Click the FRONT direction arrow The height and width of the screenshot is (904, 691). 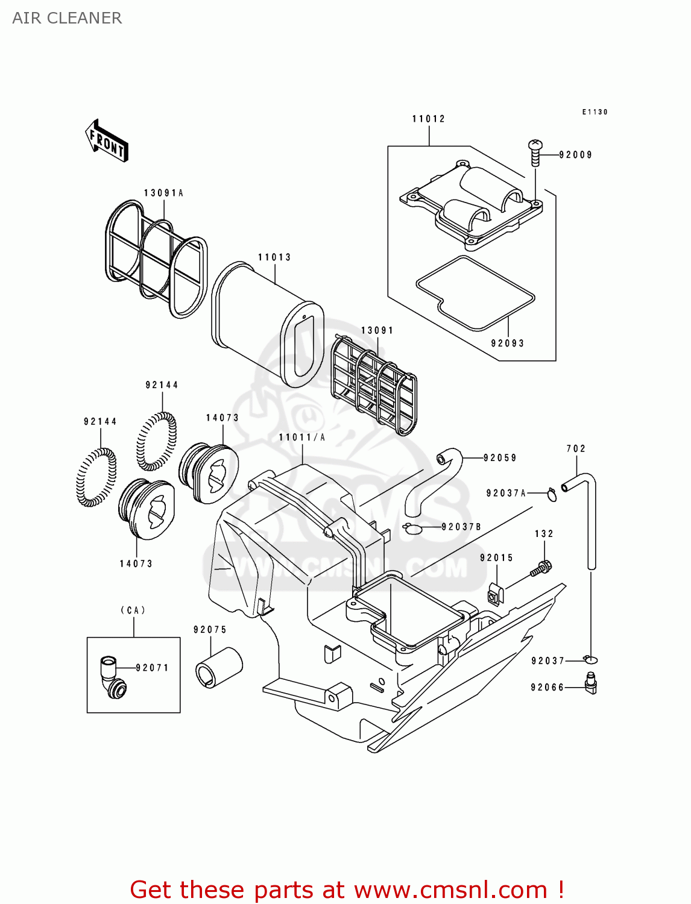tap(107, 141)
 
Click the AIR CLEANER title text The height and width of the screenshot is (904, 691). tap(67, 18)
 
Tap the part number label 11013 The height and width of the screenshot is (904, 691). tap(274, 257)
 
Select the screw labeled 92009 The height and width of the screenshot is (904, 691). tap(535, 152)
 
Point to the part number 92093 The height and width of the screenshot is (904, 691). tap(508, 344)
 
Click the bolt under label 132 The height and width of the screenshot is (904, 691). tap(541, 568)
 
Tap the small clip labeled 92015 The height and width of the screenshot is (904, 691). tap(495, 594)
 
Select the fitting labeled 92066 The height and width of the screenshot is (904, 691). tap(591, 683)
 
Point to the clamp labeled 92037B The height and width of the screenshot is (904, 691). tap(412, 528)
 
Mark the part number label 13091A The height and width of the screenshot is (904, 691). tap(163, 193)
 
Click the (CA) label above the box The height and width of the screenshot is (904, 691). tap(133, 611)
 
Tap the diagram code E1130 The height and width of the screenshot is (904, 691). tap(595, 112)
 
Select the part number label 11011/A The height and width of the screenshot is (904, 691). tap(302, 438)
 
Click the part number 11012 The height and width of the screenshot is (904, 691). tap(429, 119)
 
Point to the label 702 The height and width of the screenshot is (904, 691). tap(576, 448)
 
